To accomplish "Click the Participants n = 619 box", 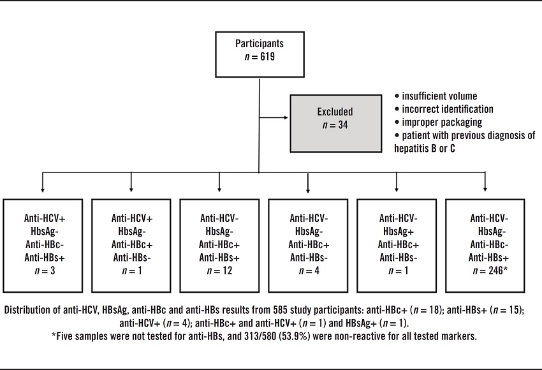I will coord(258,52).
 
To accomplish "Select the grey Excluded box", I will coord(334,117).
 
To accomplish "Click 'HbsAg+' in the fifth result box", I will coord(397,231).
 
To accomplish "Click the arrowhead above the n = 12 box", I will coord(219,188).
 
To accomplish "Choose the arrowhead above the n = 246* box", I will coord(485,188).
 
